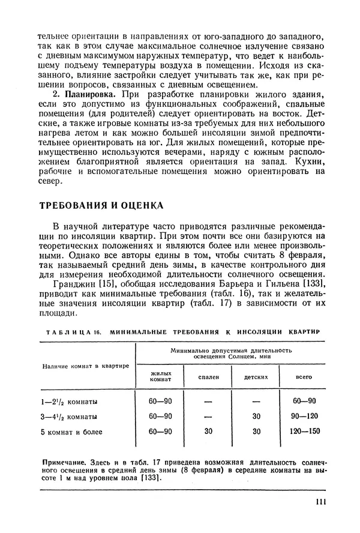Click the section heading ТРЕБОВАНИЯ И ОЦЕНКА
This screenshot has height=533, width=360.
101,205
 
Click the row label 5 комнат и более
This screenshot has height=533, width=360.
72,432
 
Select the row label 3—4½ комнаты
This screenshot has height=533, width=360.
69,416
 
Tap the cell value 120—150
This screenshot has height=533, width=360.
304,432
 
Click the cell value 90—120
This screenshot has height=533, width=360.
304,416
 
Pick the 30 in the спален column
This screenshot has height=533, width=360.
209,432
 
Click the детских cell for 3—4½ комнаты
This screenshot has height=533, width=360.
256,416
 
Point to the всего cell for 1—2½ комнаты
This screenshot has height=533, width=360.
304,401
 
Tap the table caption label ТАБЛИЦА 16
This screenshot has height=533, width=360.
71,331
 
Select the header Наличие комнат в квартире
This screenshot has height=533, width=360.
85,366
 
